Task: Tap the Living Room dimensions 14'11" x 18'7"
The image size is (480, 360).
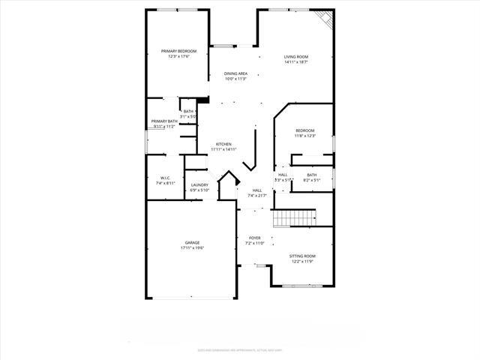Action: (x=296, y=61)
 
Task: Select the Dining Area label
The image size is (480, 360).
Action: (x=235, y=73)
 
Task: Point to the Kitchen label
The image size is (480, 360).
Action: (x=223, y=144)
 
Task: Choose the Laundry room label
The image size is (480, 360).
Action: (x=199, y=184)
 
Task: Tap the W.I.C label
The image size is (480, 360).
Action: (x=165, y=178)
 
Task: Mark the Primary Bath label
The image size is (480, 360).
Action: (x=164, y=121)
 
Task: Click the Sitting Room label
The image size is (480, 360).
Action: (x=303, y=256)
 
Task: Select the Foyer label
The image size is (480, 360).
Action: (x=255, y=238)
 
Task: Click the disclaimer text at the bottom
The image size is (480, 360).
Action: (x=240, y=349)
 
